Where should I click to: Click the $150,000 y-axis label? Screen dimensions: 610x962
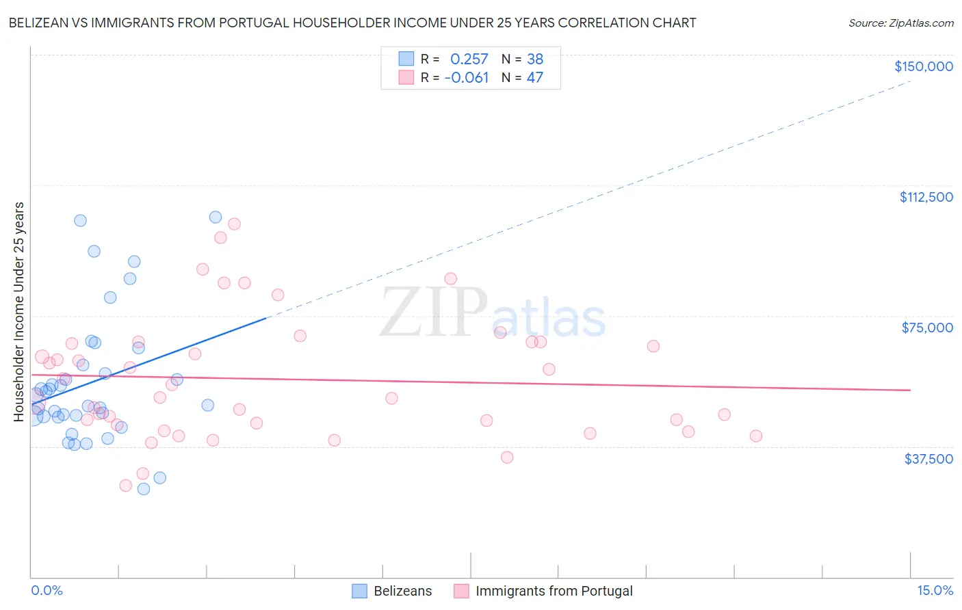(x=923, y=66)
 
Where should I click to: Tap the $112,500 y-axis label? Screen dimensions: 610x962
(x=926, y=197)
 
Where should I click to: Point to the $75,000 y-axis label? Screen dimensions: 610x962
(x=927, y=328)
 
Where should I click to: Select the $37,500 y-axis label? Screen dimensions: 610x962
(x=928, y=459)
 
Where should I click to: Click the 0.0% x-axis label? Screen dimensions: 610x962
(x=47, y=590)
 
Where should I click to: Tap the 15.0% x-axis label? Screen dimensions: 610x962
(x=935, y=590)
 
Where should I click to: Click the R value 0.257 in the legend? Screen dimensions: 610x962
(x=469, y=59)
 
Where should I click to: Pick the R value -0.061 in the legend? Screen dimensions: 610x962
(x=467, y=78)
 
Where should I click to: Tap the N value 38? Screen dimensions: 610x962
(x=535, y=59)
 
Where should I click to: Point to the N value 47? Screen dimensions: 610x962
(x=535, y=78)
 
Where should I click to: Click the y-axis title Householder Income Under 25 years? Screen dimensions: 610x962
(x=19, y=311)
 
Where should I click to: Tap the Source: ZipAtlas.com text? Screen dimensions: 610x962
(x=900, y=23)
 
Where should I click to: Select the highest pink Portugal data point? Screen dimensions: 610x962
(x=234, y=224)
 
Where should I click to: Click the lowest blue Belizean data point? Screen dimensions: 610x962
(x=144, y=489)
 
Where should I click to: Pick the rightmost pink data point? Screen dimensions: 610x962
(x=756, y=436)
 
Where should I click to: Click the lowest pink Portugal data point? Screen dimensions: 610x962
(x=126, y=486)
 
